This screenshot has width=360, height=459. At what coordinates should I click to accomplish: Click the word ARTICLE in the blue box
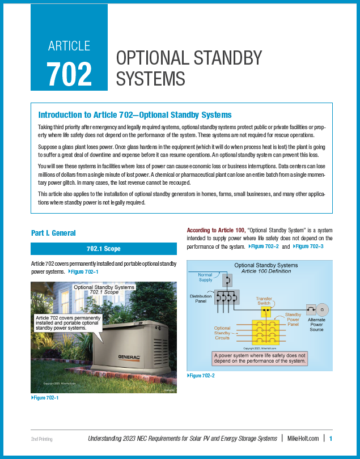(69, 45)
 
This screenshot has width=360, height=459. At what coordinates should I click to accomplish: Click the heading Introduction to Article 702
(134, 114)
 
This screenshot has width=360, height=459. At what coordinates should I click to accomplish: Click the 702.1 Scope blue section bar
(104, 248)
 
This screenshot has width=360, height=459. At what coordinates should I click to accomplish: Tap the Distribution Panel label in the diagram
(201, 299)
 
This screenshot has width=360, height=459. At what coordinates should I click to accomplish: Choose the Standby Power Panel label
(293, 320)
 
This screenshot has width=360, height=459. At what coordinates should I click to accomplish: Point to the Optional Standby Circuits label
(222, 333)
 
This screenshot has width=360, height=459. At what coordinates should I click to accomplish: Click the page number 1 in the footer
(331, 438)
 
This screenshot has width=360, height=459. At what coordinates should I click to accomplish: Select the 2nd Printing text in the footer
(43, 439)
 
